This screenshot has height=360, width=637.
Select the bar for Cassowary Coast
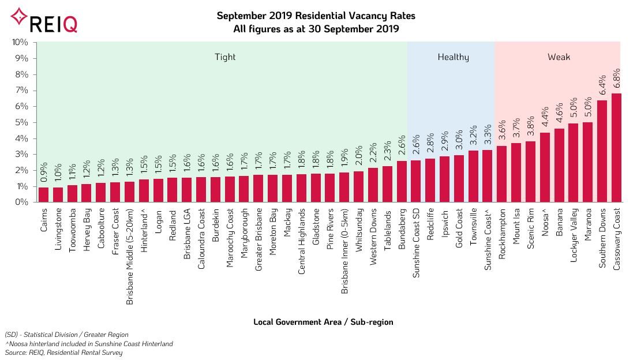[616, 148]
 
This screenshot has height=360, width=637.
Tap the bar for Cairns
[44, 195]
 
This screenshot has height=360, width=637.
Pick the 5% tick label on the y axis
[22, 122]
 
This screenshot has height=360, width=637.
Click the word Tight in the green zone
[225, 57]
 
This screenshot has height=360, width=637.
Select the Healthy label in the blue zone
[453, 57]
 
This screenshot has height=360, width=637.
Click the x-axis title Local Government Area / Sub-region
[323, 322]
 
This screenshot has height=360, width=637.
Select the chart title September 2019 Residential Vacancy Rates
[316, 16]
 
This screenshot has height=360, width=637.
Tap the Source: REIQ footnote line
[63, 352]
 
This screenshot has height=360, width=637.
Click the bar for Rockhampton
[502, 174]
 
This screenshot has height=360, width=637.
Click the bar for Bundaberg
[402, 182]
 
